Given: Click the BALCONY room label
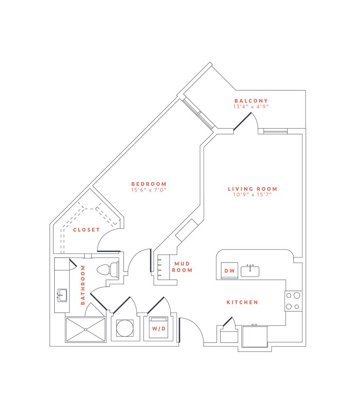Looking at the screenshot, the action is click(x=251, y=100).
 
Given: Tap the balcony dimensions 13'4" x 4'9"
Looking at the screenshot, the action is click(x=251, y=106).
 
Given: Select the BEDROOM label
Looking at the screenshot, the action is click(x=149, y=184).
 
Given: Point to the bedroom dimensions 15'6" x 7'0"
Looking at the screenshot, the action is click(x=149, y=190).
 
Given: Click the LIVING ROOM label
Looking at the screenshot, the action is click(x=252, y=189).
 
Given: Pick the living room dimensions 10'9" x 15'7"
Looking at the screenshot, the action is click(x=252, y=195).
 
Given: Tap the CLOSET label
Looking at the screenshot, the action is click(x=86, y=230).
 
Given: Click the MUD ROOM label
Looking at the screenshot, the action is click(x=182, y=267).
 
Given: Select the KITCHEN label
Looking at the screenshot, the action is click(x=242, y=302).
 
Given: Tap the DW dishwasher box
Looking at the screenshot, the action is click(x=229, y=270).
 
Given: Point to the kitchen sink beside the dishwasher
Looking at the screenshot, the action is click(x=250, y=271).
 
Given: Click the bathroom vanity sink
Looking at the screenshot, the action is click(x=62, y=294).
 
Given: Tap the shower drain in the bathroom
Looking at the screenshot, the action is click(x=85, y=329).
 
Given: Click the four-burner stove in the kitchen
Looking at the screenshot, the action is click(x=293, y=301).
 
